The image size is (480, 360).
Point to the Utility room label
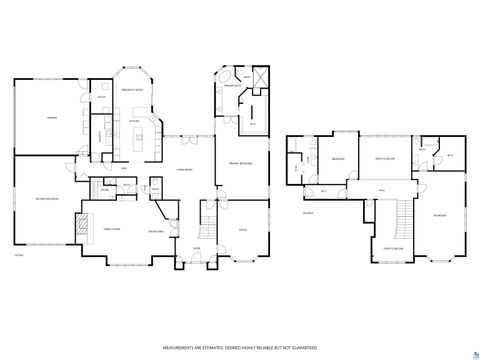click(x=101, y=97)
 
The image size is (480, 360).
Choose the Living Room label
click(x=183, y=170)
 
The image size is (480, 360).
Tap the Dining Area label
click(x=156, y=231)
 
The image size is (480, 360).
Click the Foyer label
click(x=197, y=249)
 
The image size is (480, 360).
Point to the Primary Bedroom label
click(x=239, y=163)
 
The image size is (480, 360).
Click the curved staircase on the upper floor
click(x=402, y=215)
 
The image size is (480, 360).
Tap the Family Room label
click(x=112, y=230)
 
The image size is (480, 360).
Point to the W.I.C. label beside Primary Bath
click(x=252, y=123)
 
